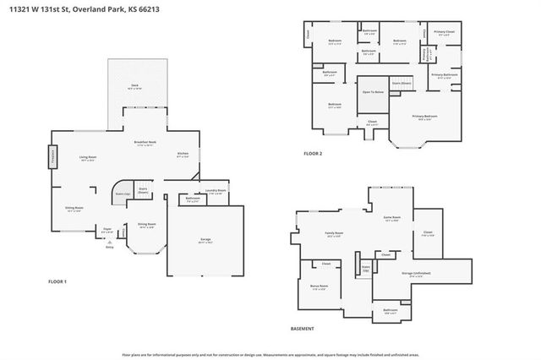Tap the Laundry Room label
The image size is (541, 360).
pyautogui.click(x=216, y=191)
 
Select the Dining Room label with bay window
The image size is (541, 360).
pyautogui.click(x=146, y=225)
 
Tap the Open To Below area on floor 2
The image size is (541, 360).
pyautogui.click(x=373, y=91)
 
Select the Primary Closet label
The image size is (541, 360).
pyautogui.click(x=445, y=33)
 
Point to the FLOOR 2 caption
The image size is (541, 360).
pyautogui.click(x=314, y=154)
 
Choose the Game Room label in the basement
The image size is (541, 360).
pyautogui.click(x=391, y=217)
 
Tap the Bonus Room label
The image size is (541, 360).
pyautogui.click(x=320, y=286)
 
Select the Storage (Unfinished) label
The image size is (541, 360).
pyautogui.click(x=414, y=273)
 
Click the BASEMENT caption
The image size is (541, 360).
pyautogui.click(x=303, y=329)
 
